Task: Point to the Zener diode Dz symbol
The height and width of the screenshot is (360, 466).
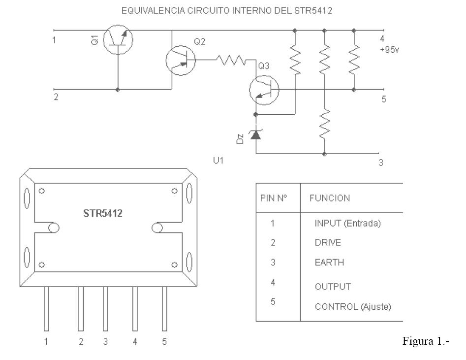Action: pos(256,135)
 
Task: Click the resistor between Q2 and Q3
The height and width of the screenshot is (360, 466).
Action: pos(231,60)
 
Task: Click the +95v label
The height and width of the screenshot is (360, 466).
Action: pos(389,49)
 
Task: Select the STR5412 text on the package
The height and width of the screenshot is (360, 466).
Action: pos(103,213)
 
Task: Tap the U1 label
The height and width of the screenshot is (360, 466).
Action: pos(218,161)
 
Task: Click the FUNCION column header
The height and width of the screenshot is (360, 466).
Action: pos(330,198)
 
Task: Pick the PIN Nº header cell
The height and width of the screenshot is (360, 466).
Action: pos(274,198)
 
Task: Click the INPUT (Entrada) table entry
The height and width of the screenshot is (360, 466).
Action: pos(347,224)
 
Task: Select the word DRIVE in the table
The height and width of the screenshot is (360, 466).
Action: pos(328,242)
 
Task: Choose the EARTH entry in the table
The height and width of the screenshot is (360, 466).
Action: pos(329,262)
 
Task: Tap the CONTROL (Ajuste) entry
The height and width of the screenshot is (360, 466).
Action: pos(353,307)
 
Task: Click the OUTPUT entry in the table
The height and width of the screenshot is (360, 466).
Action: pos(333,287)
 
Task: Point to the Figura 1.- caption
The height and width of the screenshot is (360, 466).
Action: pos(426,341)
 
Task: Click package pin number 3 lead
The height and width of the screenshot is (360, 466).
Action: pos(105,308)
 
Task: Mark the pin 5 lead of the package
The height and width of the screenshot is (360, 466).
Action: pos(164,308)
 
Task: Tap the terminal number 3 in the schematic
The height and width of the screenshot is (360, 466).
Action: pos(381,163)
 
